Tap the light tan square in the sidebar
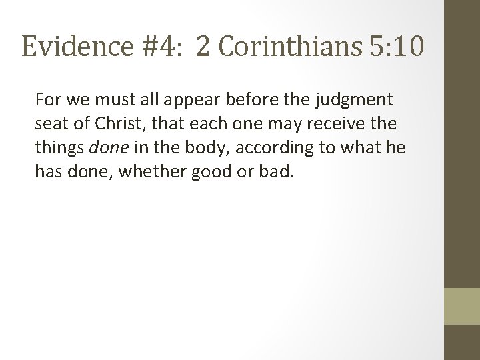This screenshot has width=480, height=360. [462, 306]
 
